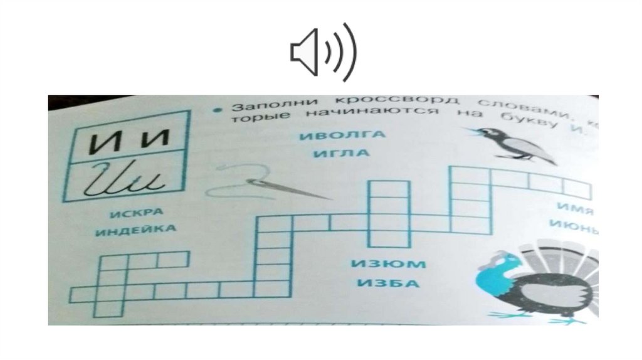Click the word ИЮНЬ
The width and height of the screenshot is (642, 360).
tap(572, 224)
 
